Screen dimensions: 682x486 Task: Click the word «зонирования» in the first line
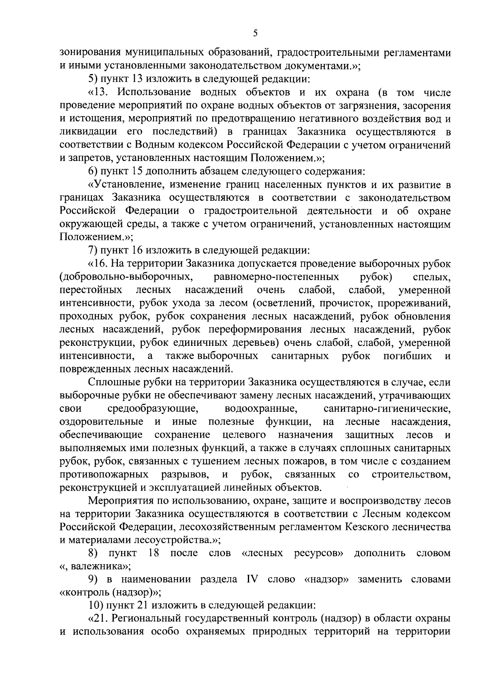[88, 53]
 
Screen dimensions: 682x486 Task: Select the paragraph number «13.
[101, 93]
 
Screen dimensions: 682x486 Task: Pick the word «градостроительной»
[251, 211]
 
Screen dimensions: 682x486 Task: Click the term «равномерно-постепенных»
[276, 277]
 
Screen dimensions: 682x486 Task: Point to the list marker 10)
[96, 606]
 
